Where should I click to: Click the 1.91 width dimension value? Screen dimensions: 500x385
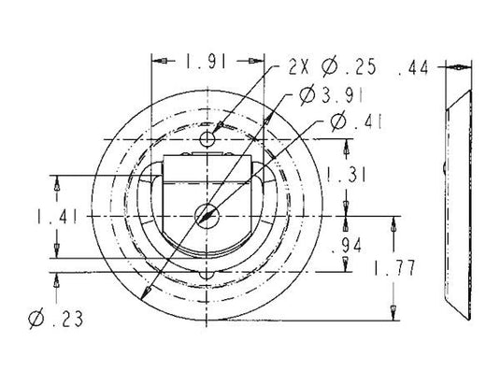point(207,62)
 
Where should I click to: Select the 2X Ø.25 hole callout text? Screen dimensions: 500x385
point(333,67)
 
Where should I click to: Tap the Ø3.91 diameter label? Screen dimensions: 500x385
point(331,94)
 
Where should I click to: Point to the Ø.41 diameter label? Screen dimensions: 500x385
point(355,121)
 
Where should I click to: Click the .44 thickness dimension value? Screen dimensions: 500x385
point(413,68)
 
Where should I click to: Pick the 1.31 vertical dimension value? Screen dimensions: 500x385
point(346,176)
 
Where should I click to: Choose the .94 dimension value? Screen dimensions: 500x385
point(347,245)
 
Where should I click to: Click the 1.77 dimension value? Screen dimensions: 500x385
point(394,268)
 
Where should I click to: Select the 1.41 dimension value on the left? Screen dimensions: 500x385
point(57,217)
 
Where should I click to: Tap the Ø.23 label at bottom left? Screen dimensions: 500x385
point(56,319)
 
